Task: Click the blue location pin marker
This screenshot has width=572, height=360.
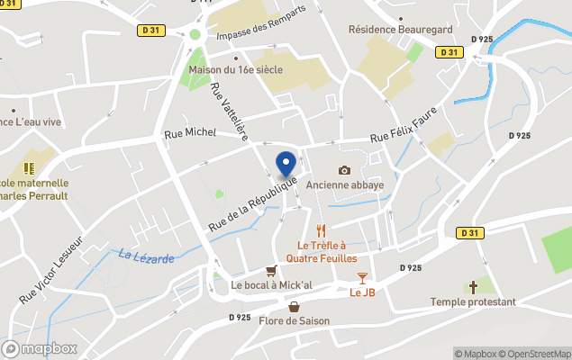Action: (286, 164)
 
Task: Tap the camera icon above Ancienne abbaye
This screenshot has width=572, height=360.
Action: (344, 170)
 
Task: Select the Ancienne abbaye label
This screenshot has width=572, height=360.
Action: (344, 184)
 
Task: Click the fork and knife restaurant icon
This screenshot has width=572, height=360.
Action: (320, 230)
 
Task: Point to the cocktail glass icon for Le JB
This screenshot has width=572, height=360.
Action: (362, 278)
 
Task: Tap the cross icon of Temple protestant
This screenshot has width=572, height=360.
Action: (473, 288)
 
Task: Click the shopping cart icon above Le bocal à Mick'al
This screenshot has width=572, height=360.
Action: (270, 271)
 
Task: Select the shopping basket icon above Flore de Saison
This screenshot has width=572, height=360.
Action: (294, 307)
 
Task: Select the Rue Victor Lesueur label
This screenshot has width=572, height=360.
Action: (50, 269)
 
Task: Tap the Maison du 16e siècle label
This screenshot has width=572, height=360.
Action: (236, 69)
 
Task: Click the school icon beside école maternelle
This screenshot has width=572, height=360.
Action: (29, 167)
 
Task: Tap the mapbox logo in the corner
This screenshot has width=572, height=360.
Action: (40, 347)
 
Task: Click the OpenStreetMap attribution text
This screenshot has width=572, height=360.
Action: (536, 354)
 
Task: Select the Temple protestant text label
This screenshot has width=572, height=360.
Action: (473, 302)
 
